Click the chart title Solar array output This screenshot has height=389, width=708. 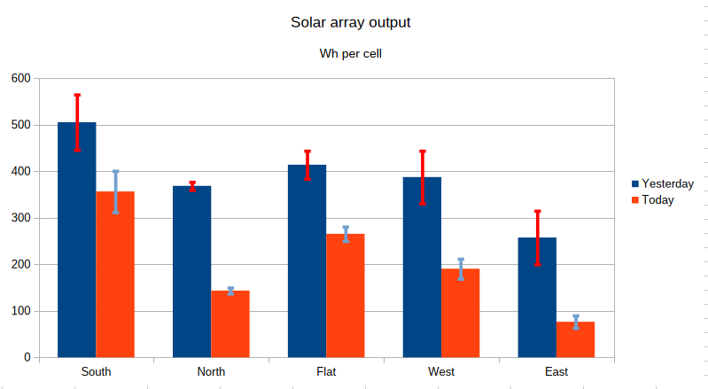[350, 21]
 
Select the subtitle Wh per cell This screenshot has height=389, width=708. [350, 54]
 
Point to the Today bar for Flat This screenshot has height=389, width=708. [346, 296]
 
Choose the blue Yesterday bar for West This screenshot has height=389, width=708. [422, 267]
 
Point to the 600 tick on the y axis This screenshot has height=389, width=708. [20, 78]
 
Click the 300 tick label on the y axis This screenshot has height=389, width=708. [20, 218]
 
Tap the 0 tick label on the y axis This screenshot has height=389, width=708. [27, 357]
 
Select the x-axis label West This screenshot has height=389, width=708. [441, 371]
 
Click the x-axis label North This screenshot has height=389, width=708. [211, 371]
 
